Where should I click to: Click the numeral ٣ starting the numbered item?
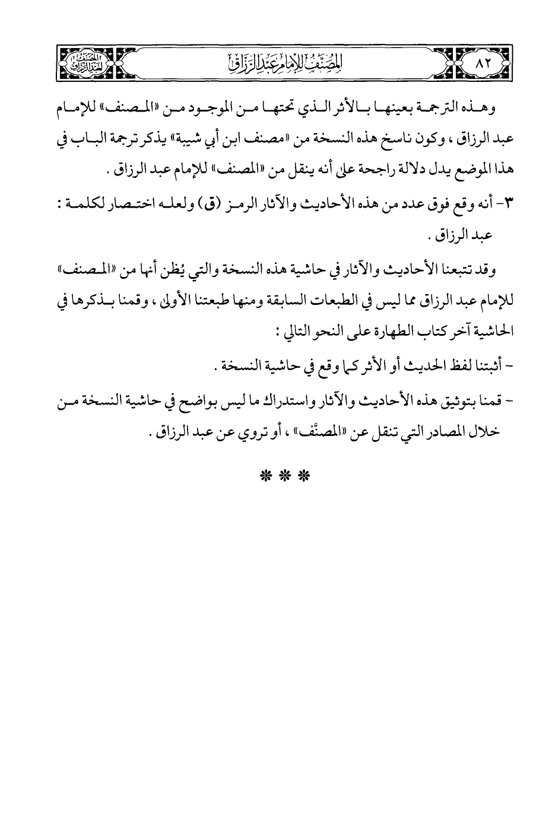coord(504,206)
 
